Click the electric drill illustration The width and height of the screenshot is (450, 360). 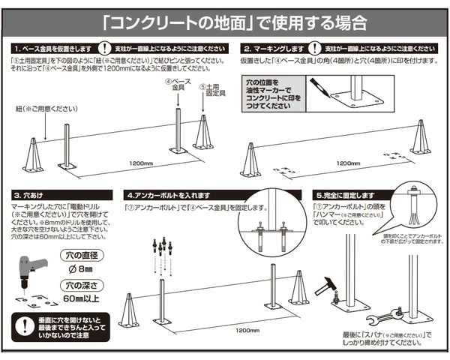pyautogui.click(x=33, y=271)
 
